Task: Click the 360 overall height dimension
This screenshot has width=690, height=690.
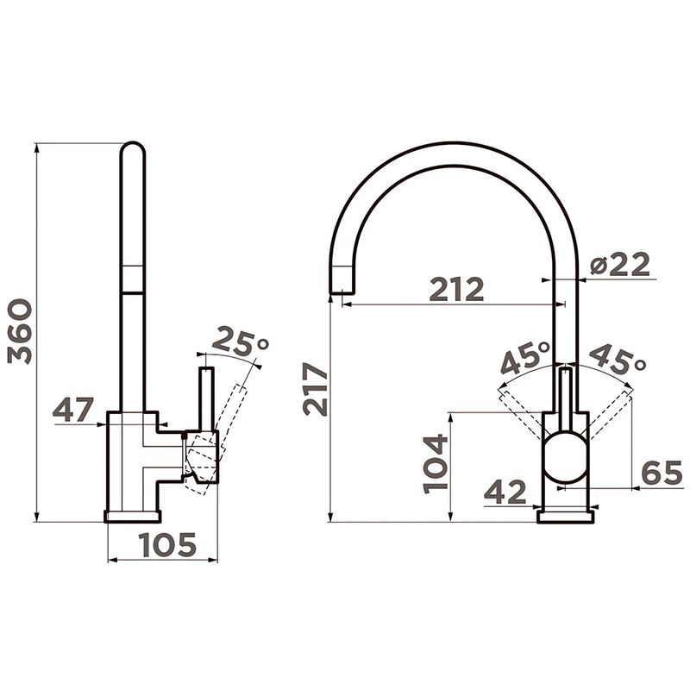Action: click(20, 332)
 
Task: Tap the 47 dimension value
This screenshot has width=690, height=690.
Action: click(73, 409)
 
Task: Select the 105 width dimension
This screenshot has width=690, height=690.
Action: click(167, 545)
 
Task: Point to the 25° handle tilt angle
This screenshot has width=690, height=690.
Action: click(241, 342)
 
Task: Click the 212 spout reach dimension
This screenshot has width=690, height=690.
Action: click(457, 289)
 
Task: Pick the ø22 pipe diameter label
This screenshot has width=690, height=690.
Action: click(620, 264)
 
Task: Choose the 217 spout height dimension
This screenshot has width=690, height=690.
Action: click(316, 389)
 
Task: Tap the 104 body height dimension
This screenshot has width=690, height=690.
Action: click(436, 464)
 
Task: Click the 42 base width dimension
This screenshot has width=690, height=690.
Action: click(505, 492)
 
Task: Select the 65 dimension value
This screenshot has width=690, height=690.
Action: click(662, 473)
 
